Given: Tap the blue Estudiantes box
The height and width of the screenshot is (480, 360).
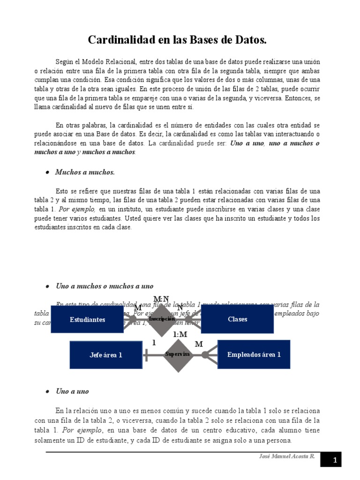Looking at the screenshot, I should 87,320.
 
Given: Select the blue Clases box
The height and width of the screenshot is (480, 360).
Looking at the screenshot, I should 237,319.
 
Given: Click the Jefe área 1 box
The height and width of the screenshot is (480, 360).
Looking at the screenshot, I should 106,355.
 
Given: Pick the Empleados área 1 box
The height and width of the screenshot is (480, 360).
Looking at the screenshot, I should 254,354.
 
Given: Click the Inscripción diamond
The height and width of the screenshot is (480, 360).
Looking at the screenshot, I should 161,319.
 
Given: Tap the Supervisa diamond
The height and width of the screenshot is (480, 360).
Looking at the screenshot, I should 178,355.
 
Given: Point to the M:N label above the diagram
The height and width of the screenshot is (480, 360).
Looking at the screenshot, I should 161,299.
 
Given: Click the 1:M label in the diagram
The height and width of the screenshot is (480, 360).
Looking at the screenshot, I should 180,334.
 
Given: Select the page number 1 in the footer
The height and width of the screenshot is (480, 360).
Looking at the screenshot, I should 335,461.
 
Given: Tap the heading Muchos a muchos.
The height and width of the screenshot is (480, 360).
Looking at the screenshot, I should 85,172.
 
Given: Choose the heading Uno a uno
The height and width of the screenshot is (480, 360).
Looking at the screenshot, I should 72,391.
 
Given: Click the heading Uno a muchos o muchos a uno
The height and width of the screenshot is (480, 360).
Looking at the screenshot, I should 104,286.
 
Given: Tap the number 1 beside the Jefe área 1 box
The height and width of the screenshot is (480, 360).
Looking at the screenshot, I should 154,343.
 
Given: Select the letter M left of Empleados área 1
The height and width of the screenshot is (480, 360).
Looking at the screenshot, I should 199,344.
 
